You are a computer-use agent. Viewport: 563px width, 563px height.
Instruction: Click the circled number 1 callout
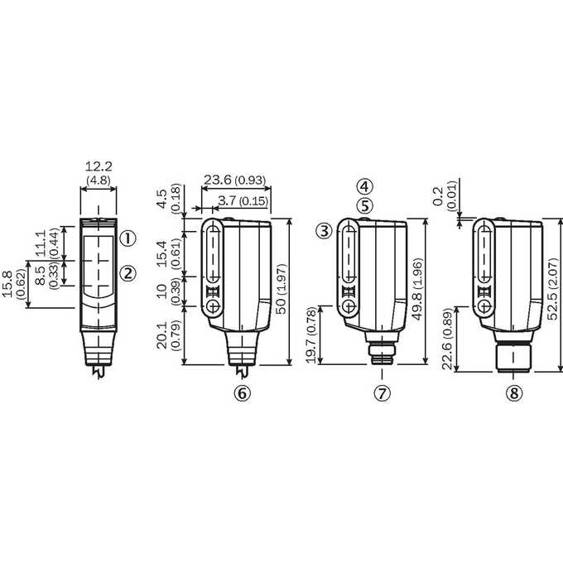pos(128,238)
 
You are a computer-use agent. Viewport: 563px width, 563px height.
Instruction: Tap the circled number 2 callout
pos(128,273)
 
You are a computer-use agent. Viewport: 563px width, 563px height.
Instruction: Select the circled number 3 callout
pos(325,231)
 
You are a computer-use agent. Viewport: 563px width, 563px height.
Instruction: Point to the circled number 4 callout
pos(365,186)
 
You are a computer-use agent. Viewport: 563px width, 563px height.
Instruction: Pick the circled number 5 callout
pos(365,205)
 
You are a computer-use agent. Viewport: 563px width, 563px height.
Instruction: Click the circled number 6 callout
pos(243,393)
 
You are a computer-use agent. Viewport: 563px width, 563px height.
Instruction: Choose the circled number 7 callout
pos(382,393)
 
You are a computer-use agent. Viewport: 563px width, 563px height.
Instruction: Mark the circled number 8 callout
pos(514,393)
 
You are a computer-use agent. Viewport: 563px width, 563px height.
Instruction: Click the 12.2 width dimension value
pos(99,166)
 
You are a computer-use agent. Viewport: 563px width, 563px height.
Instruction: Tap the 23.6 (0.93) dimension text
pos(235,180)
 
